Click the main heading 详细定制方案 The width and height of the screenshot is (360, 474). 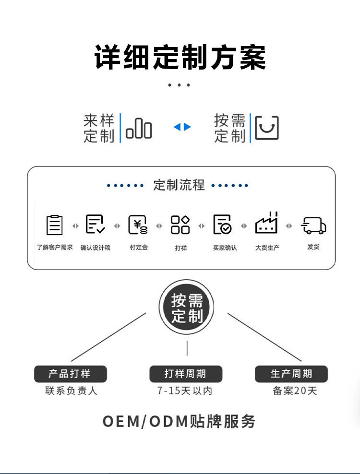[180, 58]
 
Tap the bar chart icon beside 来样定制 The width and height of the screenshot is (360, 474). [139, 129]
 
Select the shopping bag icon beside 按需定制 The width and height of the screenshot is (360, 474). [266, 128]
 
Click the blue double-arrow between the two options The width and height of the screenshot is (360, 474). [182, 127]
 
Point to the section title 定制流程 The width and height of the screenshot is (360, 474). [179, 185]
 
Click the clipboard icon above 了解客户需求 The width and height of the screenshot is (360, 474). [55, 225]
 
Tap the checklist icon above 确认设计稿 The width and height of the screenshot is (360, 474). [95, 225]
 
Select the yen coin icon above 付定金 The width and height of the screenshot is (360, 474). [138, 225]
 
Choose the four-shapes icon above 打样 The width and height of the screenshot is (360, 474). [180, 225]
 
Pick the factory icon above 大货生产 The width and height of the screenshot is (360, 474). [266, 224]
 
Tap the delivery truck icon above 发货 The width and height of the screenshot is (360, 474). [313, 225]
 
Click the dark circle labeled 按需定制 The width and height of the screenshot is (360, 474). [187, 308]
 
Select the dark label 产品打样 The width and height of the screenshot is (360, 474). [70, 374]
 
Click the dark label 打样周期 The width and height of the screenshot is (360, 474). [186, 374]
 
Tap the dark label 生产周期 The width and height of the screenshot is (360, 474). [291, 374]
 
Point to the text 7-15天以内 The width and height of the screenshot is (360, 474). [185, 391]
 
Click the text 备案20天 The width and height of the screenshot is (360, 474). [295, 391]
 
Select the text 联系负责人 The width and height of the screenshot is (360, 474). [71, 391]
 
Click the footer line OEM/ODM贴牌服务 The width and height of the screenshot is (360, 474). [180, 421]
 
